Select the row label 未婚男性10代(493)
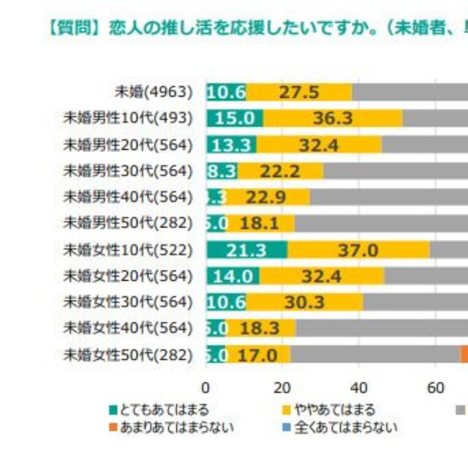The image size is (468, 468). coord(128,118)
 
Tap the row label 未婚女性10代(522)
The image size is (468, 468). coord(128,250)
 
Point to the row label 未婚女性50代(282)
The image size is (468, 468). coord(128,355)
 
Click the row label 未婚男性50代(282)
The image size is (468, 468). coord(128,224)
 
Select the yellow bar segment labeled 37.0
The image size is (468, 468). coord(358,250)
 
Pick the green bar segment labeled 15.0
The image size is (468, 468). coord(234,118)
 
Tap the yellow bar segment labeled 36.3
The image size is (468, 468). coord(333,118)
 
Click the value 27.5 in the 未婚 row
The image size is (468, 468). coord(300,92)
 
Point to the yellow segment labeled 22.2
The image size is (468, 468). coord(280,171)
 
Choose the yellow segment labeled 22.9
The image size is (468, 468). coord(269,197)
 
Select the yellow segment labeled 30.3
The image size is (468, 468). coord(304,303)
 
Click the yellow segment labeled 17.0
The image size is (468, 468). coord(259,355)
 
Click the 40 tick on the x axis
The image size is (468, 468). coord(359,388)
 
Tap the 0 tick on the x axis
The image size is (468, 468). coord(206,388)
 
